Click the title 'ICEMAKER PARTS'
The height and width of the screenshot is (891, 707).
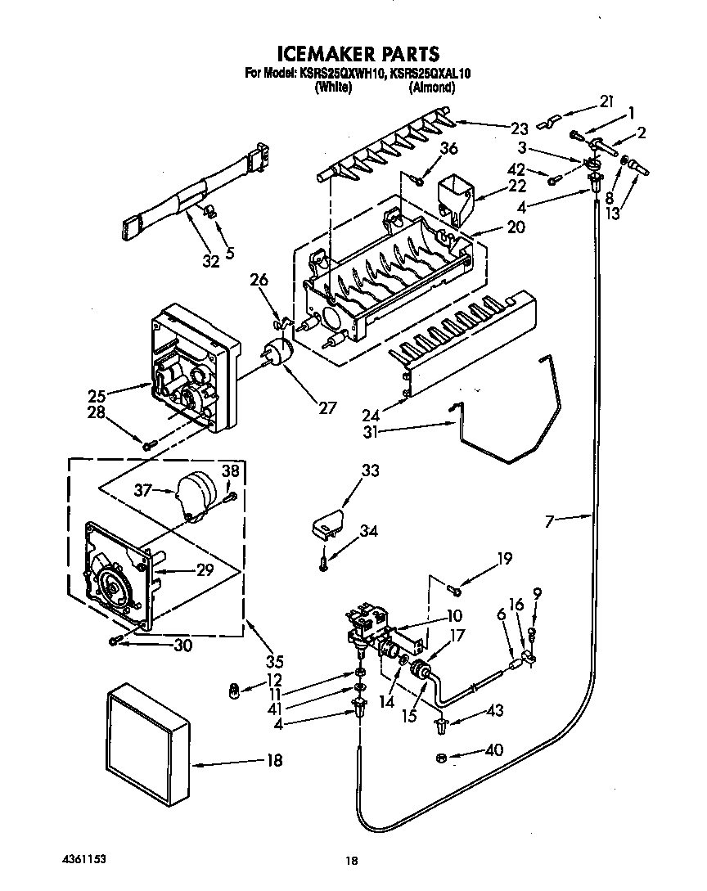358,54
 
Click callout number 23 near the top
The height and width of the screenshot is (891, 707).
520,128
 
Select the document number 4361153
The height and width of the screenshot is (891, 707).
83,860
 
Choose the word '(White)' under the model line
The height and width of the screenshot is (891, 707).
332,88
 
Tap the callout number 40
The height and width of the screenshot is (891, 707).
494,749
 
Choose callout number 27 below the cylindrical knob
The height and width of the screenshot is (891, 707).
326,407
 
